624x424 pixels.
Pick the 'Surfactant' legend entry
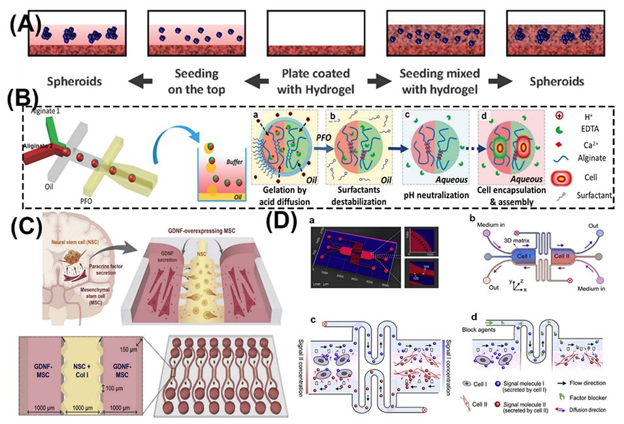[x=589, y=193]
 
